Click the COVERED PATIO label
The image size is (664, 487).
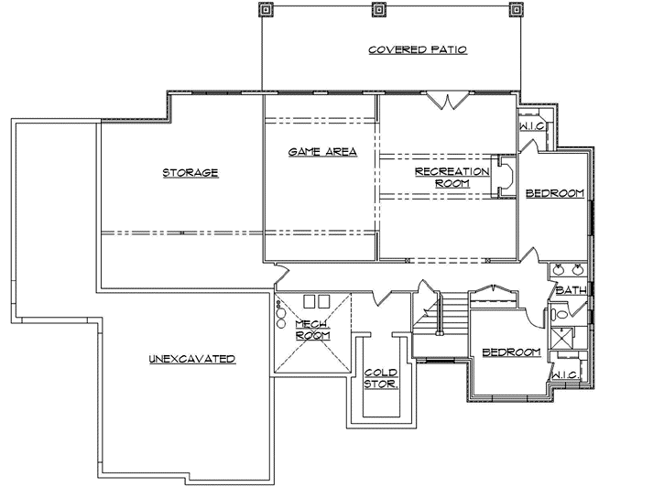click(x=418, y=50)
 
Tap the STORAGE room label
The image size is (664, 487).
click(x=190, y=172)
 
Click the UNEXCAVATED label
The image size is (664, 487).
click(x=192, y=358)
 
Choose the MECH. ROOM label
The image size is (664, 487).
click(x=312, y=330)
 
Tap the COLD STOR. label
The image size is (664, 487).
click(x=381, y=378)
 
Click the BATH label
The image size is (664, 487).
click(x=571, y=290)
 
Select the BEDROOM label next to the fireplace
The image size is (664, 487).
click(x=555, y=192)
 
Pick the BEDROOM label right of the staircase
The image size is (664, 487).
click(x=511, y=352)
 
